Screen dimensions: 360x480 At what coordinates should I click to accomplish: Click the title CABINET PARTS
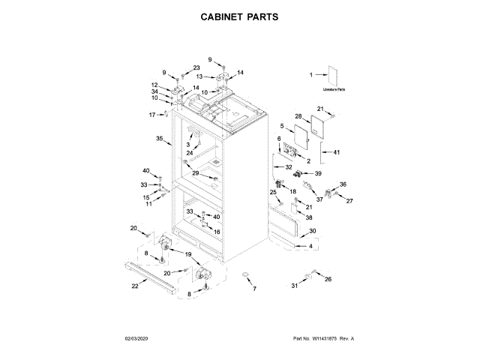240,16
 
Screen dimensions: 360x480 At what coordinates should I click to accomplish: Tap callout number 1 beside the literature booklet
310,74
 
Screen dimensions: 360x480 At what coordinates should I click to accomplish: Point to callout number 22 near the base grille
135,286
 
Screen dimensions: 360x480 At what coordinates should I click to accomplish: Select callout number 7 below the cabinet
253,289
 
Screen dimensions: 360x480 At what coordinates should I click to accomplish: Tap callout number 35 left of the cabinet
159,139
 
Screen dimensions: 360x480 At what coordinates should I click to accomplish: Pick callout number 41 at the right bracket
337,153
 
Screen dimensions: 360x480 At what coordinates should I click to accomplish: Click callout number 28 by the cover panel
298,117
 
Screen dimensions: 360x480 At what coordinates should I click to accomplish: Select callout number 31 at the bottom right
295,286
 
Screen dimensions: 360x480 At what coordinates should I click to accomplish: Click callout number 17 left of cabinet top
151,115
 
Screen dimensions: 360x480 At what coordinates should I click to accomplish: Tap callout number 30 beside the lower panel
313,231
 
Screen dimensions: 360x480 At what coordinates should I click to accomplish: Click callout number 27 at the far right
348,200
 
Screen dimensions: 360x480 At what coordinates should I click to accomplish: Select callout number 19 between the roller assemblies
188,255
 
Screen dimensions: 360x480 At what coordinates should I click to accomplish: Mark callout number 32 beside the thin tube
289,167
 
